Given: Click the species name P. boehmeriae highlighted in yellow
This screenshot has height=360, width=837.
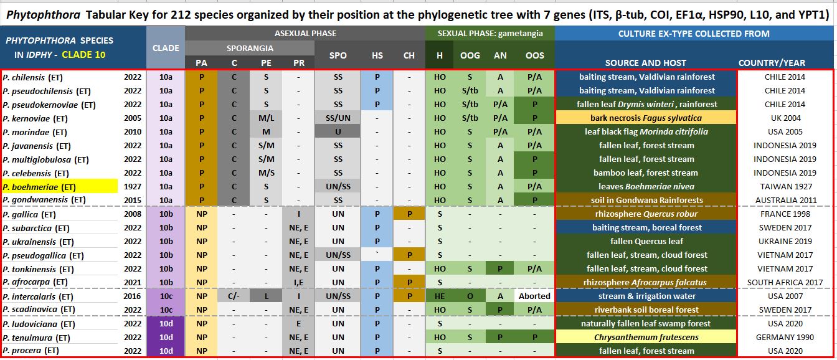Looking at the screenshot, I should click(39, 186).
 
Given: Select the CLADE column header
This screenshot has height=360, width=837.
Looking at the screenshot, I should click(166, 47).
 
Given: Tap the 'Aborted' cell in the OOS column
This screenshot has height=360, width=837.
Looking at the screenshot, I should click(534, 296).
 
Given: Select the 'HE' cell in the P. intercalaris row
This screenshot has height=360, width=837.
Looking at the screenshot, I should click(440, 296).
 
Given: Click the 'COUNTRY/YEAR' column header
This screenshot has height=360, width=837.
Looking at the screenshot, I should click(772, 62).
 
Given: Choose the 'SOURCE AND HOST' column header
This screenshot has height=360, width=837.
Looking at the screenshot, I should click(645, 62).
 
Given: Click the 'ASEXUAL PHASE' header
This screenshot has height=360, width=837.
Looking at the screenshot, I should click(306, 33).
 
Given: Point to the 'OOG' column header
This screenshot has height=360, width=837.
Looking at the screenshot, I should click(470, 55).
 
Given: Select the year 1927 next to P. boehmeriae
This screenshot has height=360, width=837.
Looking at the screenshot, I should click(132, 186).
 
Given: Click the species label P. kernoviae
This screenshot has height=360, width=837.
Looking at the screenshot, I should click(35, 118).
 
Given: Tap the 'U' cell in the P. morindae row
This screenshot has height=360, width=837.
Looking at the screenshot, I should click(338, 131).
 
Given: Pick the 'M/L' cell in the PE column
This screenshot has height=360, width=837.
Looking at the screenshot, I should click(265, 118).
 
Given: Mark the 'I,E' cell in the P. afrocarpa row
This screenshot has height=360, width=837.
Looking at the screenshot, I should click(298, 282).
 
